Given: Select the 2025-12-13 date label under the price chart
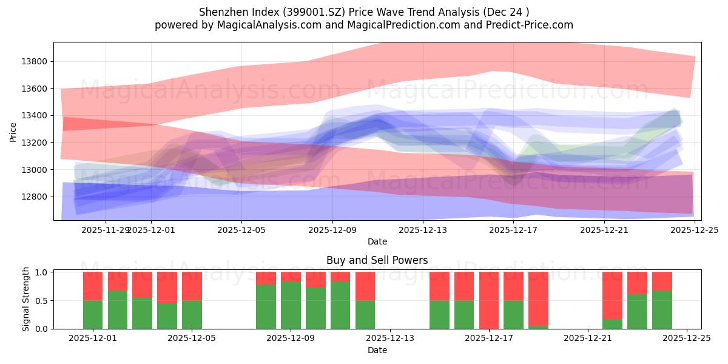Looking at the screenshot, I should tap(423, 230).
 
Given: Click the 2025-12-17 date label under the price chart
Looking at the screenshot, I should tap(513, 230).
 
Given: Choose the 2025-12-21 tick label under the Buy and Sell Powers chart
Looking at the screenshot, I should tap(588, 339).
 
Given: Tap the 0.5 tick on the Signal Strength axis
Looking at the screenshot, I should tap(42, 301).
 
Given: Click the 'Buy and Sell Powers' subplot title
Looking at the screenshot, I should tap(377, 260).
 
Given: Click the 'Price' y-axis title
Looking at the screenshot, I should tap(13, 131).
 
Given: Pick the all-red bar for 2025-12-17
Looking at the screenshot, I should tap(489, 300).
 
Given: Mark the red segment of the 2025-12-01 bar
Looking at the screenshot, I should tap(93, 286).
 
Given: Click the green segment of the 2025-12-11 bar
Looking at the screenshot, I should tap(340, 305).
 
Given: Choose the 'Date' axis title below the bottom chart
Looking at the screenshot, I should tap(377, 350).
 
